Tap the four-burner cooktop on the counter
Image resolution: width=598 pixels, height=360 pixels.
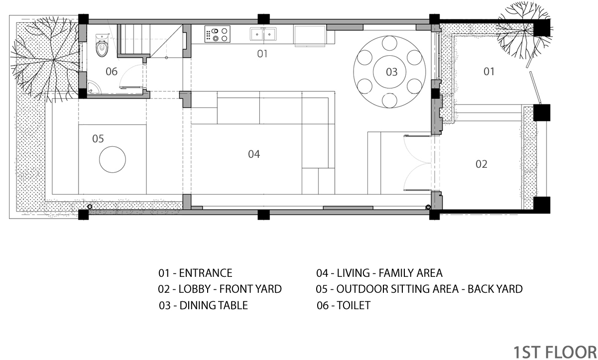(217, 34)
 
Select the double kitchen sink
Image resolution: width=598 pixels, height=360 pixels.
(263, 34)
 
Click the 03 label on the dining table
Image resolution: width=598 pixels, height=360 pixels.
(392, 72)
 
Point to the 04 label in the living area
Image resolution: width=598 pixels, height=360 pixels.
(254, 154)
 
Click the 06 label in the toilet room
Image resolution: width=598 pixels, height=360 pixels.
(112, 72)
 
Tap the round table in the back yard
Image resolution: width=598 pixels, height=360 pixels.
(113, 159)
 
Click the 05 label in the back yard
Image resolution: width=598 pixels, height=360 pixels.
(98, 138)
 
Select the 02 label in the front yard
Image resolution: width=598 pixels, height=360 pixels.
(481, 164)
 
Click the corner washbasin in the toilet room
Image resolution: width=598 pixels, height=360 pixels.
(94, 87)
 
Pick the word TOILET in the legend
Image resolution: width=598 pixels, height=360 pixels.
(354, 305)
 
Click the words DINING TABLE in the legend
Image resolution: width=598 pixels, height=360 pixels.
(214, 305)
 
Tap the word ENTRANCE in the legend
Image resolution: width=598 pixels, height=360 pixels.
(206, 273)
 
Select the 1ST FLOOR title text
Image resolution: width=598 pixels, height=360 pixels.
(555, 353)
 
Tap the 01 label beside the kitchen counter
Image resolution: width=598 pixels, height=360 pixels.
(262, 54)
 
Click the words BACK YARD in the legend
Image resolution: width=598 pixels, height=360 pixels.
(495, 289)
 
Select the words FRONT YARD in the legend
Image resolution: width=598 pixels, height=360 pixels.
(250, 289)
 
